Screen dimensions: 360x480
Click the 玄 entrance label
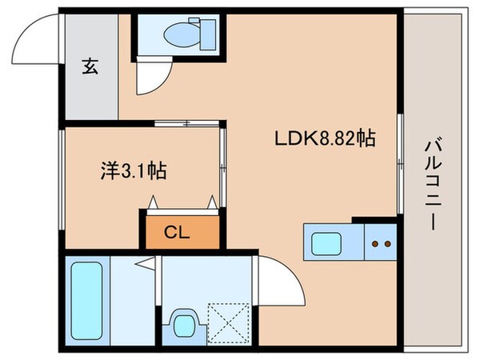pos(90,68)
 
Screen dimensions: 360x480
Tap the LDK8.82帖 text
pos(315,138)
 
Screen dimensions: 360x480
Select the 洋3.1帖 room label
pos(133,170)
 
